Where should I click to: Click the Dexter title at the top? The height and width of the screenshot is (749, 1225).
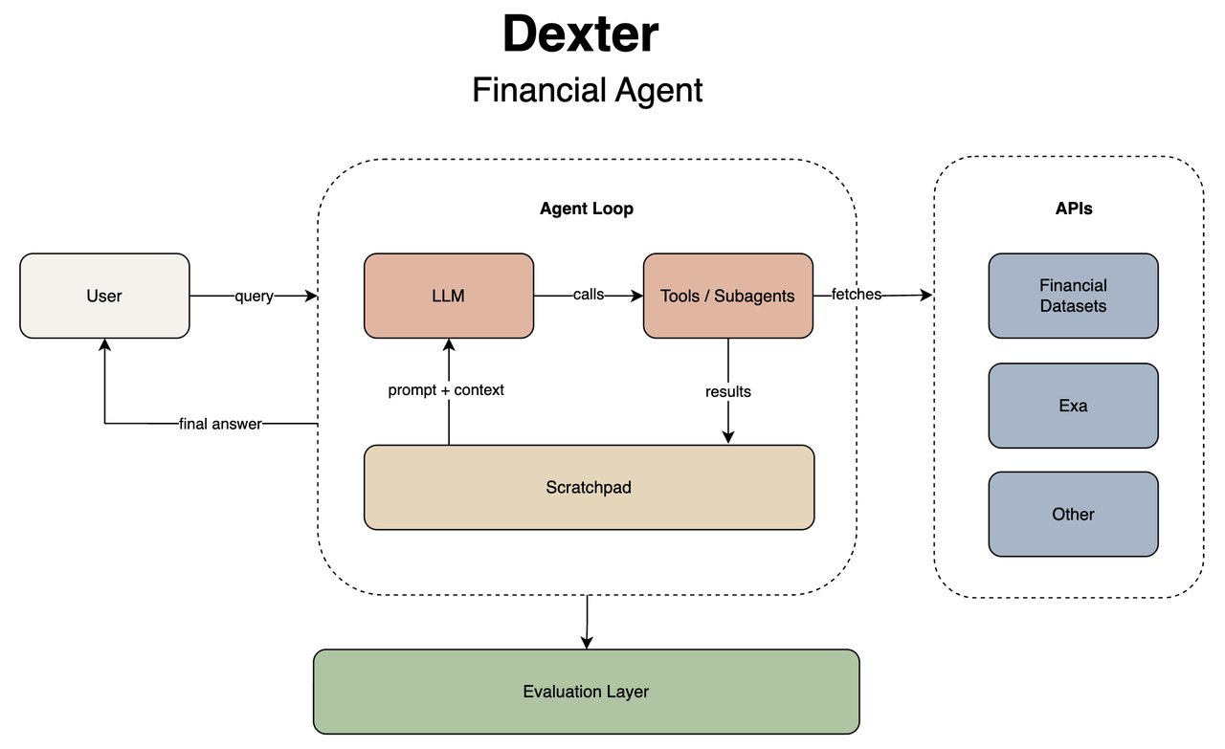click(580, 34)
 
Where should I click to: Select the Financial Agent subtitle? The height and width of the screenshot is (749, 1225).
click(587, 90)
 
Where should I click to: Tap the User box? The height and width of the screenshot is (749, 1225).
click(104, 296)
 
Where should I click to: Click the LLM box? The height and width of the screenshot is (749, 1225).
click(448, 296)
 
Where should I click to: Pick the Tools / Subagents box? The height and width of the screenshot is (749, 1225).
click(727, 296)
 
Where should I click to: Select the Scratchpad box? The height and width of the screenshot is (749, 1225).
click(589, 487)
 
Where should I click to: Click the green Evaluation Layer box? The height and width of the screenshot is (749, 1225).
click(586, 692)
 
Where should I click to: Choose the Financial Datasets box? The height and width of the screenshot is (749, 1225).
click(1073, 296)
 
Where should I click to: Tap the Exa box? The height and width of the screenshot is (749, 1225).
click(1073, 406)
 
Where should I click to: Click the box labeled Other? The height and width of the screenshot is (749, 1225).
click(1073, 514)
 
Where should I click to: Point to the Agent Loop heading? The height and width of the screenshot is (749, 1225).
click(586, 209)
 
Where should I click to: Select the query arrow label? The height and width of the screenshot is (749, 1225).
click(254, 297)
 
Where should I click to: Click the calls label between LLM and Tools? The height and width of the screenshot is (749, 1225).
click(588, 295)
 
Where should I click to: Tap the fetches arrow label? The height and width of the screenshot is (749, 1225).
click(857, 295)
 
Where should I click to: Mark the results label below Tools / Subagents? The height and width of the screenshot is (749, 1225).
click(728, 391)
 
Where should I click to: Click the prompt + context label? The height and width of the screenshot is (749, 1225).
click(446, 390)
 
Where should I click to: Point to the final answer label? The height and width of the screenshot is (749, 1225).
click(220, 424)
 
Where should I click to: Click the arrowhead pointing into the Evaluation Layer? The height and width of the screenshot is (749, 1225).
click(586, 643)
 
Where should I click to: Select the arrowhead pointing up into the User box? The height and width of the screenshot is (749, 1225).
click(104, 345)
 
